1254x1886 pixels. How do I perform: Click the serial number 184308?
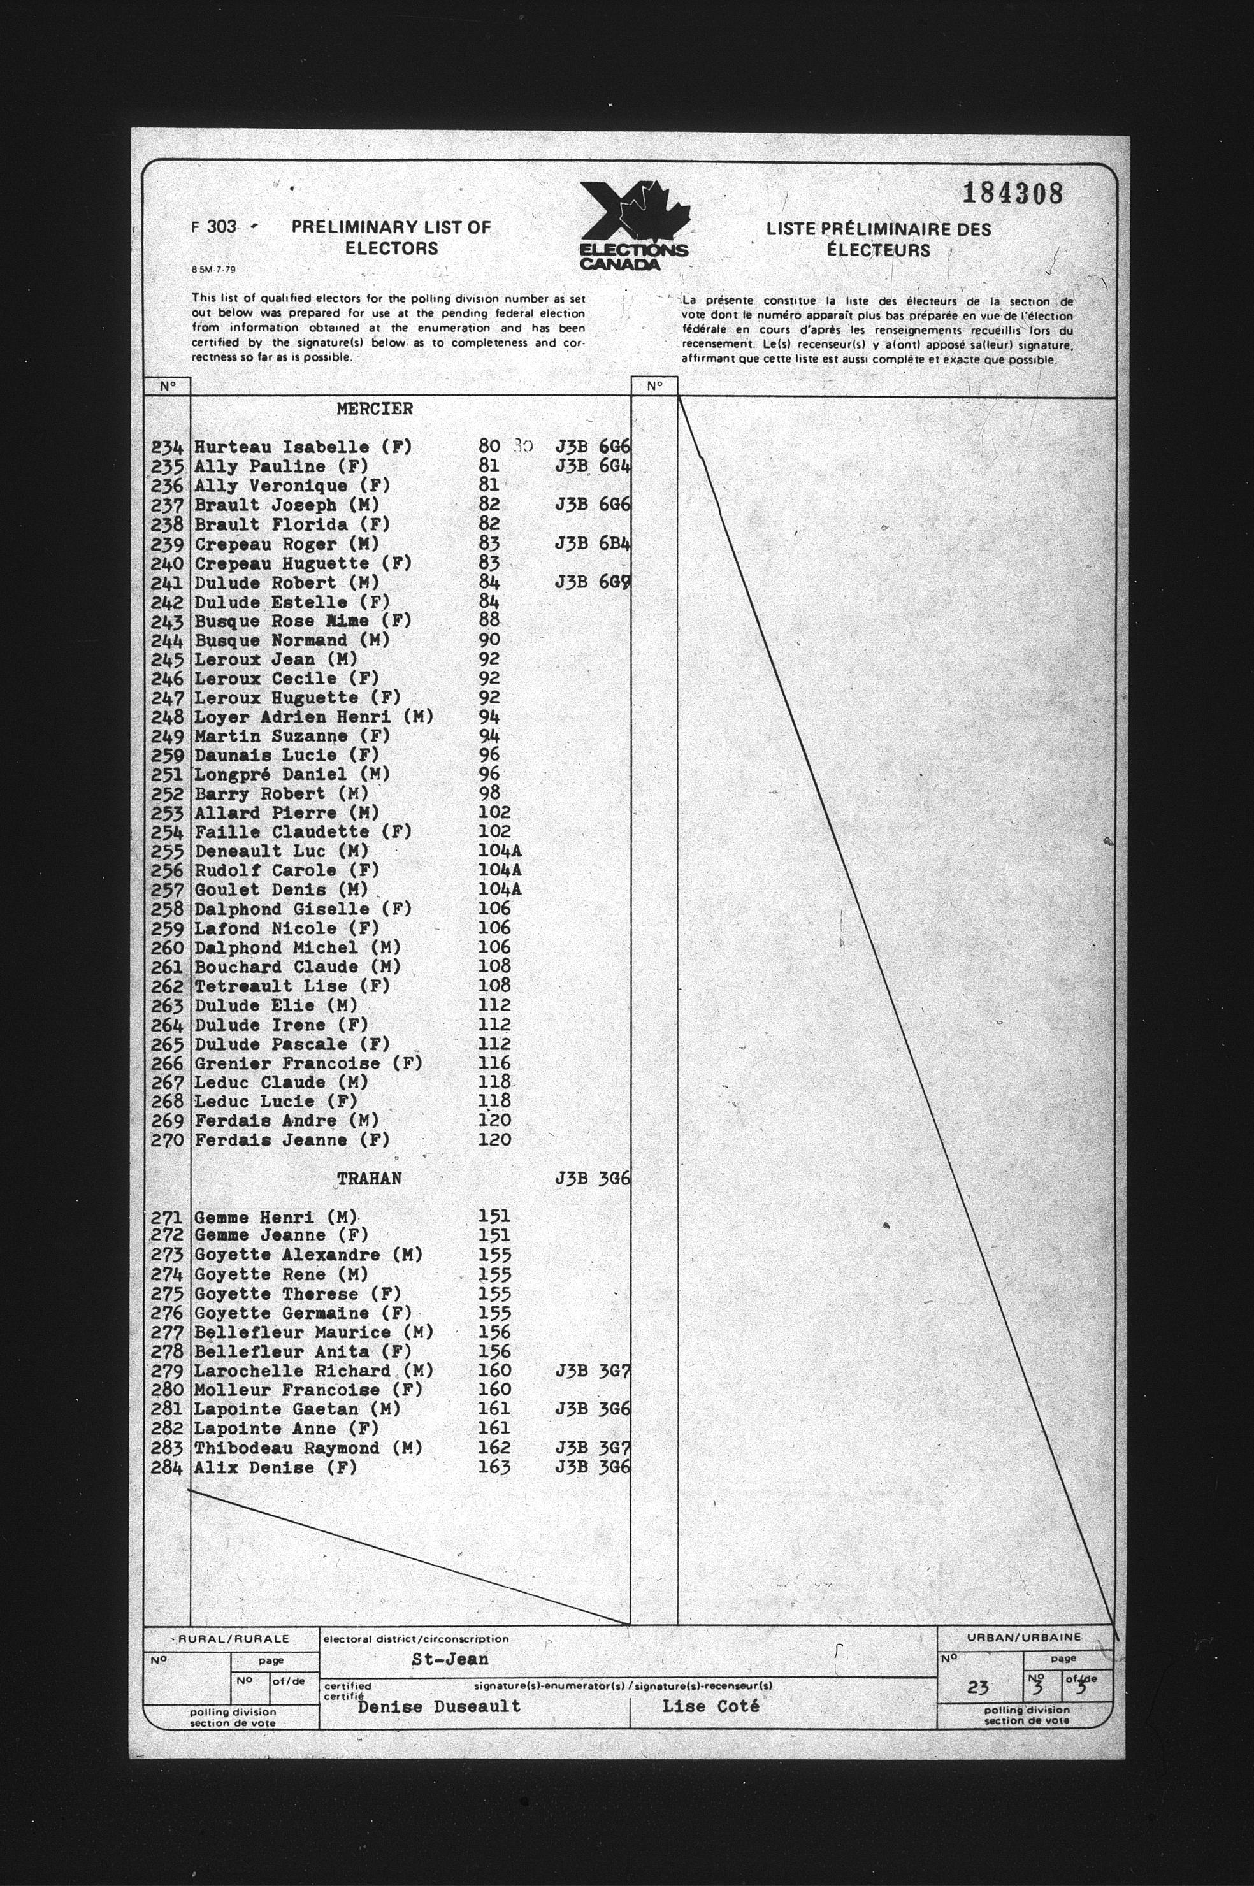[x=1013, y=194]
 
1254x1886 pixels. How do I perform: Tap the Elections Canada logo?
[x=633, y=226]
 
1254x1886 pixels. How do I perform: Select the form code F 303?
[x=214, y=227]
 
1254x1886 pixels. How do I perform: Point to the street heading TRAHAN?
[x=369, y=1179]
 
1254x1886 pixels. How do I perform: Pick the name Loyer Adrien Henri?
[x=313, y=717]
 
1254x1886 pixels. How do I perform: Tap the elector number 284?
[x=167, y=1468]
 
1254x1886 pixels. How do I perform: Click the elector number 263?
[x=167, y=1005]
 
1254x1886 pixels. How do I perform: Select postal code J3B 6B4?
[x=593, y=544]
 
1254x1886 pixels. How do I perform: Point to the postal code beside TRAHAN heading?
[x=593, y=1179]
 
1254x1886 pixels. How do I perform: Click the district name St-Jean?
[x=449, y=1659]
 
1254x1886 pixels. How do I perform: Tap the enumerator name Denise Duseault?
[x=439, y=1706]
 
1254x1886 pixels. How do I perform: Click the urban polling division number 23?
[x=977, y=1688]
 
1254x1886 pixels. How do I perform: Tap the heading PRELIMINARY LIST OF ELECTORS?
[x=391, y=238]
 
